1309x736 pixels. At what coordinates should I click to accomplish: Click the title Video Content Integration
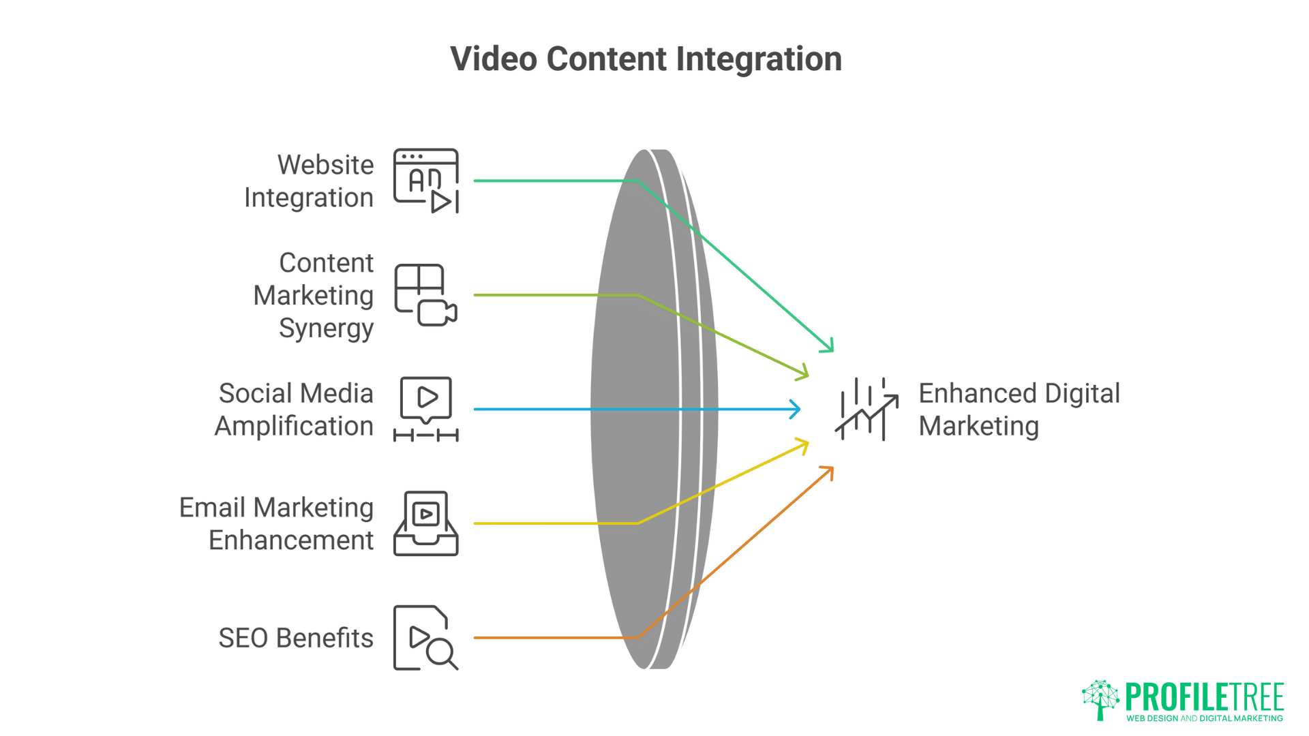646,59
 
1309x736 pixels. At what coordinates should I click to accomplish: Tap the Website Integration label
309,181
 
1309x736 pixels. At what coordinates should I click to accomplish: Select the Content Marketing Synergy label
314,295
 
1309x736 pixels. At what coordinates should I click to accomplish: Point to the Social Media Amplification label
295,410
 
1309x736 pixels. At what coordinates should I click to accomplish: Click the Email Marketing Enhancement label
277,523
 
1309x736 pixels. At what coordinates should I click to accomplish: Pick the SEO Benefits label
296,638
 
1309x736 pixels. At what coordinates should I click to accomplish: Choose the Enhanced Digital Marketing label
1019,410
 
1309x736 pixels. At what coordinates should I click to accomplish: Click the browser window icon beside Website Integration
426,181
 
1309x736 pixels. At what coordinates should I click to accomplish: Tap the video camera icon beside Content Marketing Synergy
437,313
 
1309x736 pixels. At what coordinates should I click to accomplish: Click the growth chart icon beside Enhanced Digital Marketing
867,410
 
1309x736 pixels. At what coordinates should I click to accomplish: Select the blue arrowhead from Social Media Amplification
796,410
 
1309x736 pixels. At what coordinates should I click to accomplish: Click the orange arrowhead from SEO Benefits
828,471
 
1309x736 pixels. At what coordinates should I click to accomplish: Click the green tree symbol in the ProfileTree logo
1100,699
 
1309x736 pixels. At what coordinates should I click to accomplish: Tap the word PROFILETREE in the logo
1205,696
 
